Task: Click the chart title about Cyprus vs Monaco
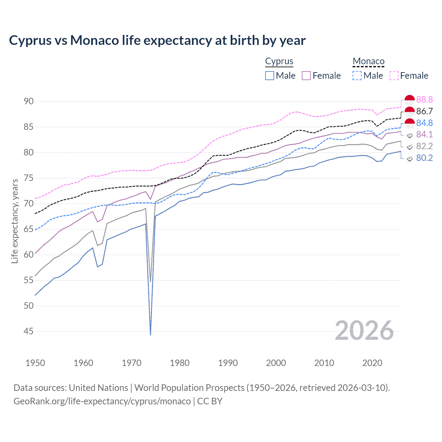(157, 40)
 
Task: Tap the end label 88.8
(424, 99)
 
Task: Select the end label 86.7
(424, 111)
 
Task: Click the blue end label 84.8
(424, 123)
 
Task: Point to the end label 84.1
(424, 134)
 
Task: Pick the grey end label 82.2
(424, 146)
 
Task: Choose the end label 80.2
(424, 158)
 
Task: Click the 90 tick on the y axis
(29, 101)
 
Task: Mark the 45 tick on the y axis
(29, 331)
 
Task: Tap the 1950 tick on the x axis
(35, 363)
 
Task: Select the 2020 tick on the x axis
(372, 363)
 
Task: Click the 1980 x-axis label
(180, 363)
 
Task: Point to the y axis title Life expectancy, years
(15, 221)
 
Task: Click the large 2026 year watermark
(364, 330)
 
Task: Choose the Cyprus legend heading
(279, 61)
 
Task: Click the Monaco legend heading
(368, 61)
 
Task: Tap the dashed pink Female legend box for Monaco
(394, 76)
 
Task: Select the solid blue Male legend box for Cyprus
(270, 76)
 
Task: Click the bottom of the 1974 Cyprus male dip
(151, 334)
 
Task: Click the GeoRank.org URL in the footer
(102, 401)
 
